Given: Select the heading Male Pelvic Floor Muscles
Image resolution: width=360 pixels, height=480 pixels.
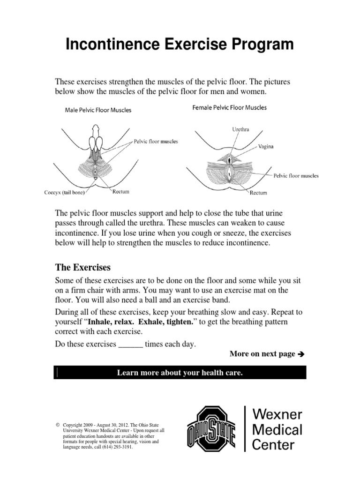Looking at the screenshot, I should coord(98,111).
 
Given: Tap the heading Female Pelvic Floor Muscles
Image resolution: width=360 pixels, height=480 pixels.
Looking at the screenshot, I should coord(230,107).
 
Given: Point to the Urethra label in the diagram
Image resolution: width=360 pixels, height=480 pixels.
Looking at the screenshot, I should coord(240,129).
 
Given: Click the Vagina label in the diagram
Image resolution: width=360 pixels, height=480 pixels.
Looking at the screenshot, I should coord(266,146).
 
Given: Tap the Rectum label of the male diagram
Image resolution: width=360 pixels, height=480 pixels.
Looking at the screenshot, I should coord(120,192).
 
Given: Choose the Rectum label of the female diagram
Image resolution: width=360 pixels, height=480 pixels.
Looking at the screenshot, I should coord(258,192).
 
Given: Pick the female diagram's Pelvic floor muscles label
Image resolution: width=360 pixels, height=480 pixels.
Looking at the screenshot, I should coord(296,176).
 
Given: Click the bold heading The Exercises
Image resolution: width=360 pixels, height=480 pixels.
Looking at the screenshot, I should coord(83,268).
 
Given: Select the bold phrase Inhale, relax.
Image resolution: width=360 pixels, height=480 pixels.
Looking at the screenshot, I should coord(109,322).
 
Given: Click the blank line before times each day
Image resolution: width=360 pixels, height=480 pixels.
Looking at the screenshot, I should coord(130,344).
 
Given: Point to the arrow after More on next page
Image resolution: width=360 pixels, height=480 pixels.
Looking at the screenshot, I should coord(301,354).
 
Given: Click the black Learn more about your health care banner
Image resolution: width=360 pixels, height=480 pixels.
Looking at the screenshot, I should coord(180,373).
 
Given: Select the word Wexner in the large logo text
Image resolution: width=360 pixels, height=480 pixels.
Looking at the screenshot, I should coord(278,415).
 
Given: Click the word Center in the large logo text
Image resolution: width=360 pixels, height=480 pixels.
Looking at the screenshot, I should coord(275,444).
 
